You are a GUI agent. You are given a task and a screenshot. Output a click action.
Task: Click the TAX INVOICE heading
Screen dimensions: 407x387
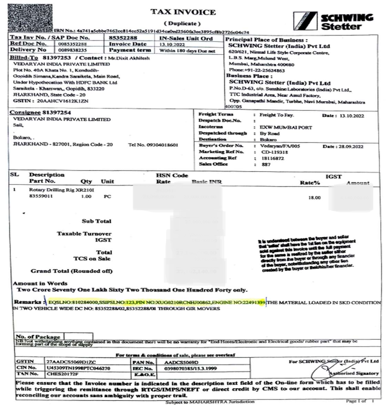click(x=183, y=12)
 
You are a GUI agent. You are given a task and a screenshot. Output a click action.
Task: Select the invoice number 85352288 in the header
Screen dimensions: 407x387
click(x=123, y=38)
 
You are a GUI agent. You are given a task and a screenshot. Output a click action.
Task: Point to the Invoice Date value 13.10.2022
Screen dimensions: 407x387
click(x=172, y=44)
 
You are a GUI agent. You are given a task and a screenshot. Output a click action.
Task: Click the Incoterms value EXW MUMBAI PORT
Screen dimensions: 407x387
click(x=286, y=127)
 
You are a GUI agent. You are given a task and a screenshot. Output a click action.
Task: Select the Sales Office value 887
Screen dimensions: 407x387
click(x=266, y=165)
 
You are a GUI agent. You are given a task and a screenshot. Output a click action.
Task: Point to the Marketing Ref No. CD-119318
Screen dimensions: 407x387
click(x=275, y=152)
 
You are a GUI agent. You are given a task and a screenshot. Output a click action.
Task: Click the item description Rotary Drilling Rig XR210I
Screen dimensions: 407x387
click(x=62, y=190)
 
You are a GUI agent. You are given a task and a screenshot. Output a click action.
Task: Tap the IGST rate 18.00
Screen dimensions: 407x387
click(x=314, y=198)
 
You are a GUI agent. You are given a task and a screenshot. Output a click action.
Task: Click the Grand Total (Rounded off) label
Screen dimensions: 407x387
click(x=72, y=271)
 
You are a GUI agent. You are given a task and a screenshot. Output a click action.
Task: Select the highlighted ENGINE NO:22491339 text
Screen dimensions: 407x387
click(x=238, y=302)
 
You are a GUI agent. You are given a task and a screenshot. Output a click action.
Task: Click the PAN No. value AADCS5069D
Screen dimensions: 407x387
click(x=182, y=362)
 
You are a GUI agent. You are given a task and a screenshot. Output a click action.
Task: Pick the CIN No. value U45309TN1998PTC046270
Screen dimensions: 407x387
click(x=79, y=368)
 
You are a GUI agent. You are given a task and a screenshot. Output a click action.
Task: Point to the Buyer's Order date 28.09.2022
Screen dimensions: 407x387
click(x=351, y=146)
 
